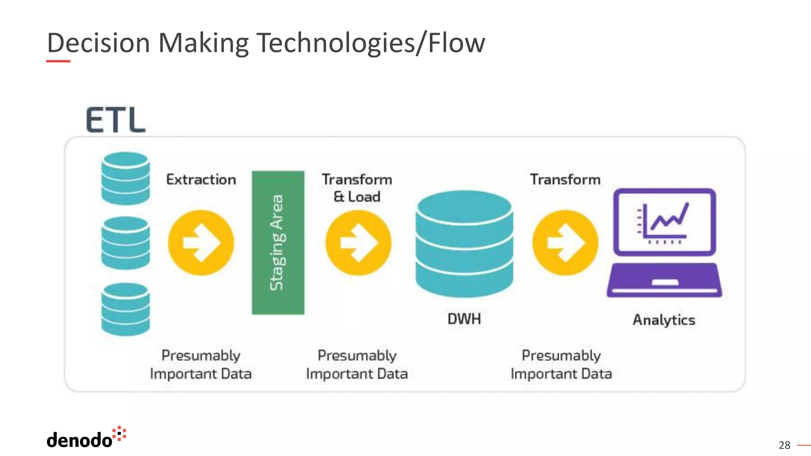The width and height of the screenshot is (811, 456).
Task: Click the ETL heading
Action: [116, 120]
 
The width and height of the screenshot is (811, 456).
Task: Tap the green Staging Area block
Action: [278, 242]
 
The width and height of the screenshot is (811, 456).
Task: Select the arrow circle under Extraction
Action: [201, 243]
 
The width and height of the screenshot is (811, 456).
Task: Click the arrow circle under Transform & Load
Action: [358, 243]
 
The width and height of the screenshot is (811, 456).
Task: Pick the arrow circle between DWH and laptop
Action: [565, 243]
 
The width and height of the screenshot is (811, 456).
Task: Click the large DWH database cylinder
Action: [464, 244]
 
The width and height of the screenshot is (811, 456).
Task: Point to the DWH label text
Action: [464, 319]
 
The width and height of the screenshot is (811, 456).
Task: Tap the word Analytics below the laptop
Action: [664, 320]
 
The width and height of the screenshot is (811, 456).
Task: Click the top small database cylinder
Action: [126, 179]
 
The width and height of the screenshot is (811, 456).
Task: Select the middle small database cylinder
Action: [126, 243]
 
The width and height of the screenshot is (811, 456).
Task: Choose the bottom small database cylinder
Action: [126, 309]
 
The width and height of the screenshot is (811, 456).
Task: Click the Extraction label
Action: [201, 179]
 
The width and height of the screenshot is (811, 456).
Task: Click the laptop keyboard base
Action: [664, 280]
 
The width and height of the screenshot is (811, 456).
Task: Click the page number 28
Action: [784, 445]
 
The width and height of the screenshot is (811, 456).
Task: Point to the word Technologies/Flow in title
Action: [371, 43]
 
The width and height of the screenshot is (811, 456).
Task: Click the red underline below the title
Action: [58, 61]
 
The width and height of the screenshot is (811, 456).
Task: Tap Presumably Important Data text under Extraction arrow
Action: [201, 365]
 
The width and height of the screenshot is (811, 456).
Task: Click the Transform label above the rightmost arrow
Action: [565, 179]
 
